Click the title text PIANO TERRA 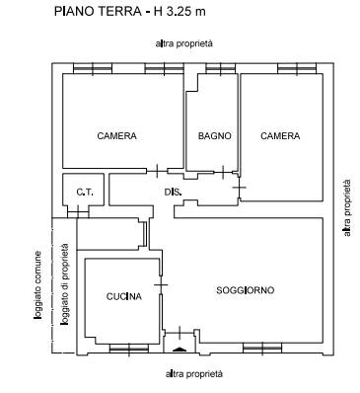pos(98,12)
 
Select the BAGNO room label pos(214,136)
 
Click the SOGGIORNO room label pos(246,290)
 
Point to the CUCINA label pos(124,296)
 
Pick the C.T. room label pos(85,193)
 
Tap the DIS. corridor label pos(174,193)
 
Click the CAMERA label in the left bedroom pos(116,135)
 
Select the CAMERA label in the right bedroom pos(280,136)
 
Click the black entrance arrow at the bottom pos(180,350)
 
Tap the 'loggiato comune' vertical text pos(37,285)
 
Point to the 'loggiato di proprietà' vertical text pos(65,284)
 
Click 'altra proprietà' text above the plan pos(184,43)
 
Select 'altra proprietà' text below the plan pos(194,374)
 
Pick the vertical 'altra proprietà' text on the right pos(347,207)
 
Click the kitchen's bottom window pos(129,349)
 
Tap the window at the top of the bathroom pos(221,68)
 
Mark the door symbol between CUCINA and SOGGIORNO pos(161,284)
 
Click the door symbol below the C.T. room pos(78,211)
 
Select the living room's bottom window pos(262,348)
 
